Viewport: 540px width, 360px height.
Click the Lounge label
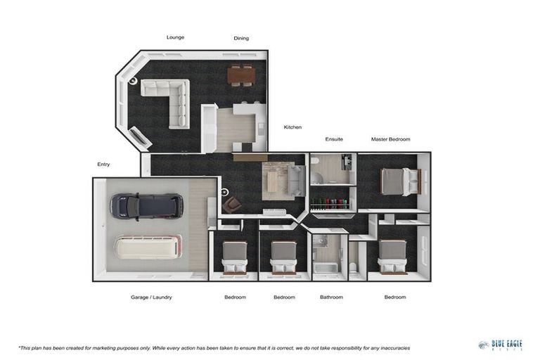(x=175, y=37)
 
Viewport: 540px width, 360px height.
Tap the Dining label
(x=241, y=39)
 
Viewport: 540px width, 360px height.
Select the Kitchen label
(x=292, y=127)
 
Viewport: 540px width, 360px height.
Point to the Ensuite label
(x=334, y=139)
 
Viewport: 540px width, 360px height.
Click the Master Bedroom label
(x=390, y=139)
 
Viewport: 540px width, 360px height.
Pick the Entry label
(x=103, y=165)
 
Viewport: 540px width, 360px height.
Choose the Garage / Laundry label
(x=151, y=297)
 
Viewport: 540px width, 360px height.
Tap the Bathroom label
(x=331, y=297)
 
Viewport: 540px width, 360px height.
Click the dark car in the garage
(x=146, y=206)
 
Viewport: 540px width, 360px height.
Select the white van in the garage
(x=148, y=247)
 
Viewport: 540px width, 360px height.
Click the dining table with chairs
(x=240, y=75)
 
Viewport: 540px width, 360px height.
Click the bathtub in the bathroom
(x=326, y=269)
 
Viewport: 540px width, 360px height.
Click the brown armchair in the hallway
(x=231, y=205)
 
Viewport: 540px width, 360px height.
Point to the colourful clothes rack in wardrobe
(x=330, y=204)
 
